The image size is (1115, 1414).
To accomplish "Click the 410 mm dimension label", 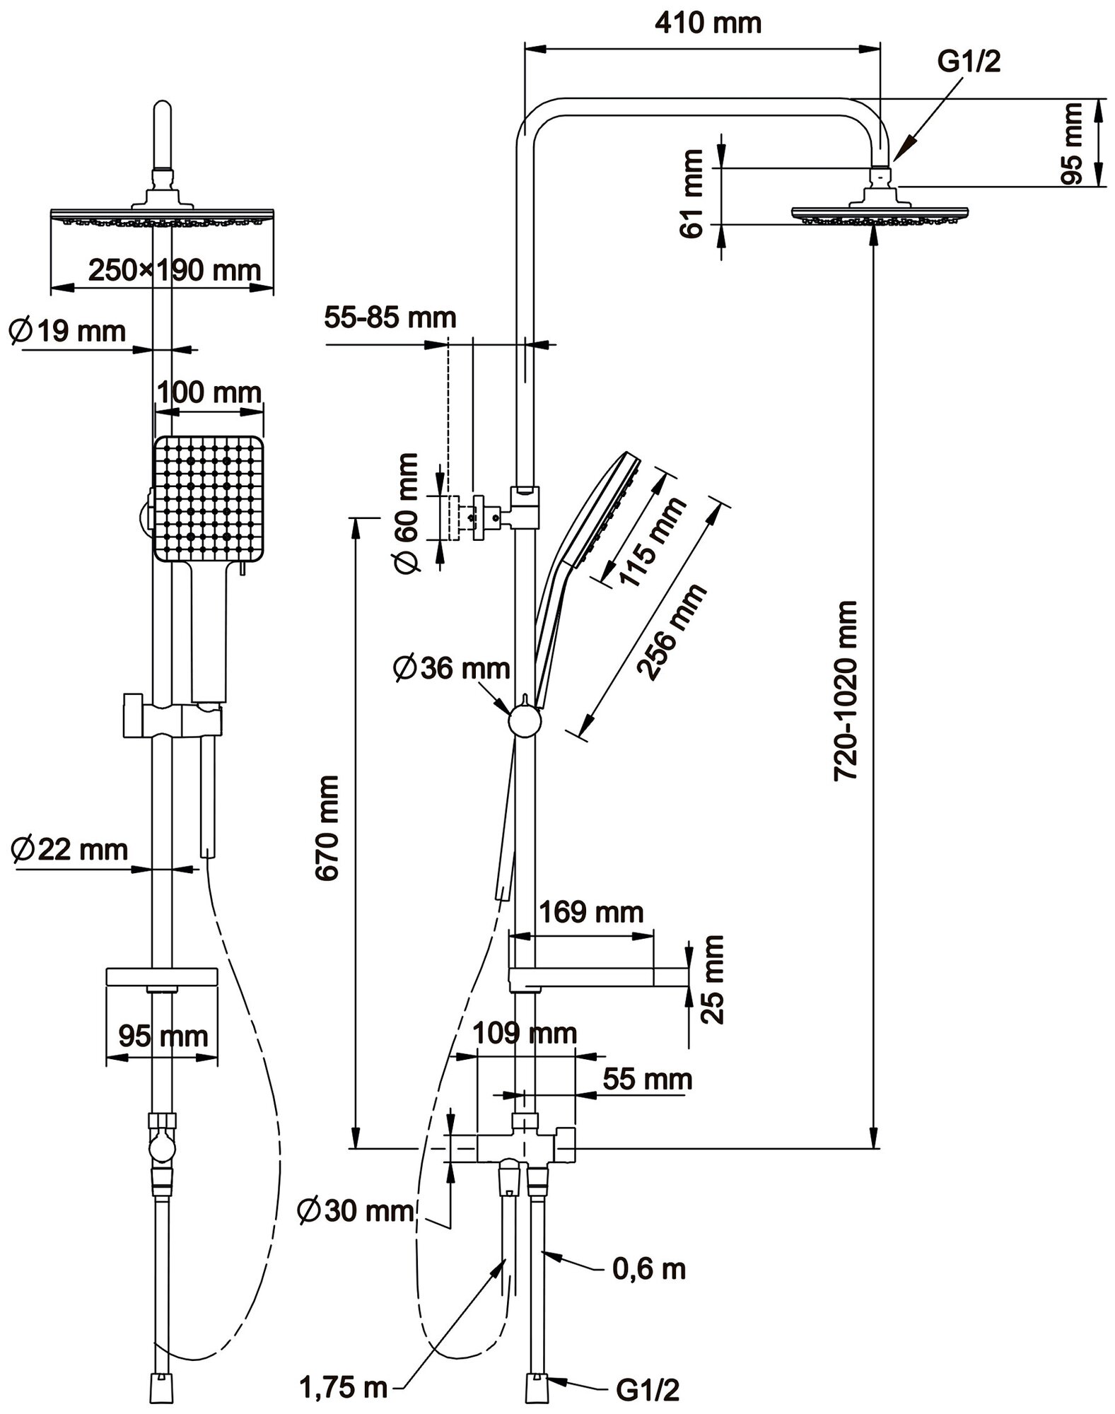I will tap(708, 23).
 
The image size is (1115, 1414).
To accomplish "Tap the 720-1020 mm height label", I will tap(846, 691).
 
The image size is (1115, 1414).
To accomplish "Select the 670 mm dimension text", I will tap(327, 827).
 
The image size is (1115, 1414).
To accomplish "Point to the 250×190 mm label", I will tap(175, 269).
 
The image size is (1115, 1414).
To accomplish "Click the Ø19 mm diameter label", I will tap(67, 331).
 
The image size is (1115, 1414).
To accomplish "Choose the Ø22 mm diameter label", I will tap(69, 848).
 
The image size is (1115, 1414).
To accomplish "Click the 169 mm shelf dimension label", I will tap(591, 912).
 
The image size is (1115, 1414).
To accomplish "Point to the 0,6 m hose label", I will tap(649, 1269).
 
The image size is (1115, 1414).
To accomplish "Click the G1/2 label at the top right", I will tap(969, 63).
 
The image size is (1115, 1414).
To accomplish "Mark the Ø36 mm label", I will tap(452, 668).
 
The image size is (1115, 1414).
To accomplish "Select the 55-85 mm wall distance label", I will tap(390, 317).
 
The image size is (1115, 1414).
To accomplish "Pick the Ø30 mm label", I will tap(356, 1211).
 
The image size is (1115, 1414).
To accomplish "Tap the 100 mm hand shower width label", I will tap(209, 392).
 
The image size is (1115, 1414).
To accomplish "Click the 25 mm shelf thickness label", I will tap(713, 979).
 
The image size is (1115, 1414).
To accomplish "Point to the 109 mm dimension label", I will tap(524, 1033).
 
